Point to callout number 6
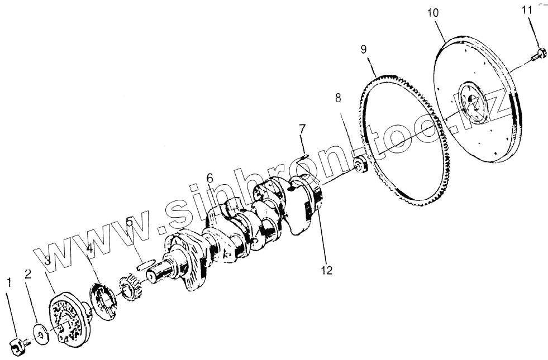pyautogui.click(x=209, y=178)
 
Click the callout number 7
pyautogui.click(x=302, y=129)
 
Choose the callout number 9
pyautogui.click(x=364, y=49)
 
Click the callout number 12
pyautogui.click(x=327, y=271)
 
